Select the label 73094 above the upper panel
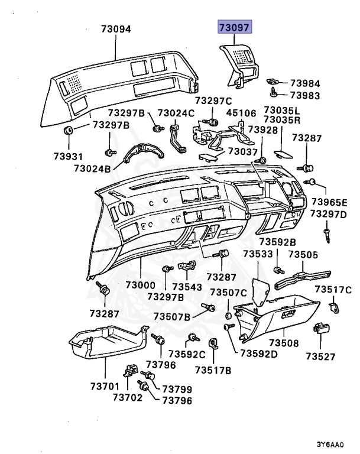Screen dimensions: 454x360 (116, 28)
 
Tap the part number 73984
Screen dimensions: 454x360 (305, 83)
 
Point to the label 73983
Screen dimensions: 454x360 (305, 96)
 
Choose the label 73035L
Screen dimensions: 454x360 (283, 111)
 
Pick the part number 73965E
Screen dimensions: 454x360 (330, 202)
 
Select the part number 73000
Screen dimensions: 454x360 (141, 285)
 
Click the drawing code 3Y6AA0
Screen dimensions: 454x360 (329, 443)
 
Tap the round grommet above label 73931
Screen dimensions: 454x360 (68, 130)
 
